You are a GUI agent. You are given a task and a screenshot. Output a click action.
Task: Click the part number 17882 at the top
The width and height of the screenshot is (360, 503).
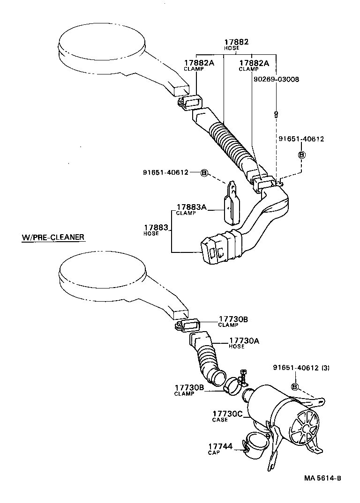pyautogui.click(x=236, y=42)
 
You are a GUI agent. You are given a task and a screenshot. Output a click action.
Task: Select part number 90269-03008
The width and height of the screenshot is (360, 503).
pyautogui.click(x=276, y=79)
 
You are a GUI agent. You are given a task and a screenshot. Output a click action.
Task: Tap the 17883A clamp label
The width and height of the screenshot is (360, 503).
pyautogui.click(x=191, y=207)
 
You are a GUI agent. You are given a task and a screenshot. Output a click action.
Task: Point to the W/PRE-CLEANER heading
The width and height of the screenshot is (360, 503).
pyautogui.click(x=52, y=237)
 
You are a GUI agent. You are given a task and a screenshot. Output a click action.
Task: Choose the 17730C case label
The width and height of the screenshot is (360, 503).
pyautogui.click(x=227, y=414)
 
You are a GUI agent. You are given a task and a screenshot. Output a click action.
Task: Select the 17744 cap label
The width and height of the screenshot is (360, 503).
pyautogui.click(x=220, y=447)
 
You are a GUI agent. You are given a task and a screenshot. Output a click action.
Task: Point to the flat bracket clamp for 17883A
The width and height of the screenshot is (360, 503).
pyautogui.click(x=232, y=204)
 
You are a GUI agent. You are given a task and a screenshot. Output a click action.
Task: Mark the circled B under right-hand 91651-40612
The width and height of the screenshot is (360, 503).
pyautogui.click(x=302, y=155)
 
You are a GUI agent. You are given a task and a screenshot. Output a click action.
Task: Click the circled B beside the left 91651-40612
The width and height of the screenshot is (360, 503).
pyautogui.click(x=204, y=172)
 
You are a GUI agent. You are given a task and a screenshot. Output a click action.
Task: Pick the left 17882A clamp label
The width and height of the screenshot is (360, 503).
pyautogui.click(x=199, y=63)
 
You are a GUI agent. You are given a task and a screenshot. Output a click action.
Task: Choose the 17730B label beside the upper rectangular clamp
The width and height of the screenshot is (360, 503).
pyautogui.click(x=232, y=319)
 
